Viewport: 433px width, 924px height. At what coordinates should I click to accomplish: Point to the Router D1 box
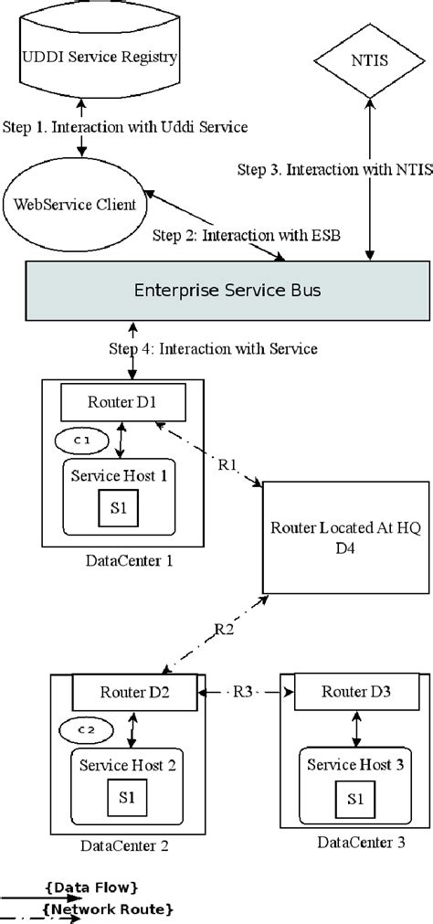click(x=122, y=402)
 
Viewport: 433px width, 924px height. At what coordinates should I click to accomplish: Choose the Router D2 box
click(x=134, y=693)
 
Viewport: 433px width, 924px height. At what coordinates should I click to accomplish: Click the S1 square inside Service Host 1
click(x=122, y=508)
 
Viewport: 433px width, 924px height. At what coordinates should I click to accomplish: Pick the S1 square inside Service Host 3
click(x=350, y=800)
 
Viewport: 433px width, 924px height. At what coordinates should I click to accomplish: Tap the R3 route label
click(x=241, y=692)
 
